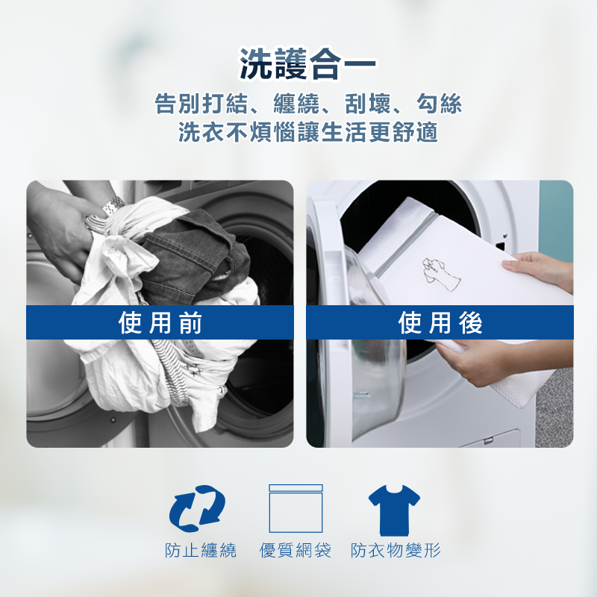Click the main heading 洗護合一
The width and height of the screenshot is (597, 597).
coord(307,64)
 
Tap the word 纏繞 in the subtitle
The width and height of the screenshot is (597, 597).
coord(296,103)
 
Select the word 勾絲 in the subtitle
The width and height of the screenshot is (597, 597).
coord(439,103)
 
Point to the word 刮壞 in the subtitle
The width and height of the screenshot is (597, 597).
coord(368,103)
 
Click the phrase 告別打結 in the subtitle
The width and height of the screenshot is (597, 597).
coord(201,103)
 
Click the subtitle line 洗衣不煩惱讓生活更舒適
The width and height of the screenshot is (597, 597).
coord(308,132)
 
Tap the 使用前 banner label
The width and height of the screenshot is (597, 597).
coord(160,322)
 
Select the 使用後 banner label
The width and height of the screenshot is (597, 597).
coord(440,322)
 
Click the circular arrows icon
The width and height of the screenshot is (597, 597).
coord(197,508)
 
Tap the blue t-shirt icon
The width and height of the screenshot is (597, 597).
coord(394,510)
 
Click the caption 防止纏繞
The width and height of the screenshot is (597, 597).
coord(201,550)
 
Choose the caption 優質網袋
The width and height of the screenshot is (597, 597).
coord(296,550)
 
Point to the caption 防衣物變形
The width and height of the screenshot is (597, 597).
coord(396,550)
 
